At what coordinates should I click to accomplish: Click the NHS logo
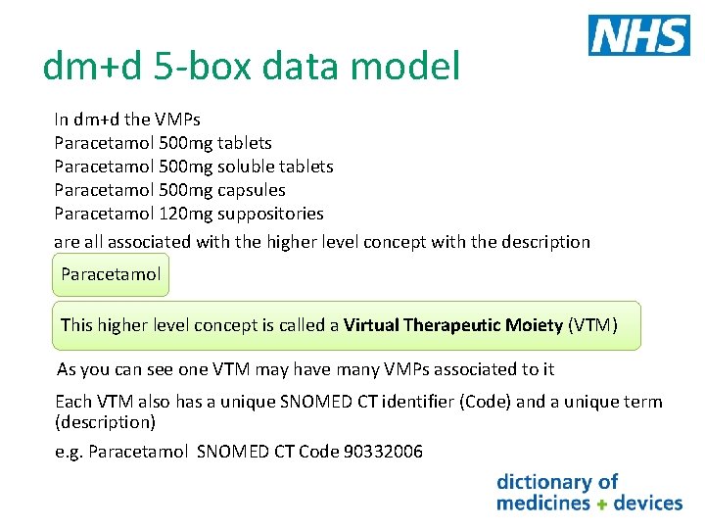[638, 35]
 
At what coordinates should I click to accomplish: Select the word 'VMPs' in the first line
[177, 120]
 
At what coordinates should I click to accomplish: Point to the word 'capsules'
[252, 190]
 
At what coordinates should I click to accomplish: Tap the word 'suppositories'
[270, 214]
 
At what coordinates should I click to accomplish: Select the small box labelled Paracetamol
[111, 274]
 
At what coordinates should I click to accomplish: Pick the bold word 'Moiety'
[536, 325]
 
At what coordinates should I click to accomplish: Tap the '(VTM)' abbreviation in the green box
[592, 325]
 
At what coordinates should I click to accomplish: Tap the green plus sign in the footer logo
[602, 504]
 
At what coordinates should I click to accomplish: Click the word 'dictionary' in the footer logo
[544, 482]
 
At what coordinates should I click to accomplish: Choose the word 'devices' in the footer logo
[647, 504]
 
